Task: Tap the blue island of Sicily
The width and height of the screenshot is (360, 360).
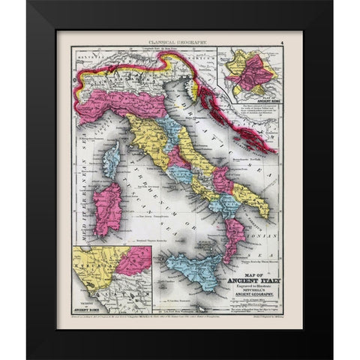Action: pos(191,268)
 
